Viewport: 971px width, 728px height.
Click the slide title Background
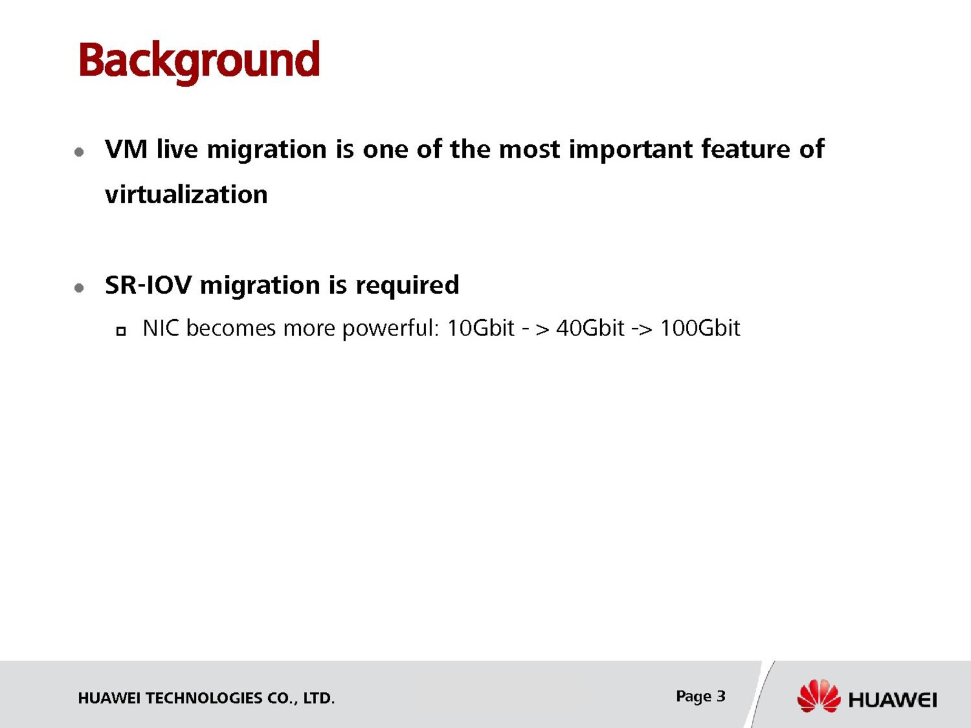point(199,62)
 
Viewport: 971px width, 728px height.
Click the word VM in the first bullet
point(126,149)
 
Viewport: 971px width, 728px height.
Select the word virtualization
point(186,195)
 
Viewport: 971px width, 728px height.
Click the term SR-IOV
point(148,285)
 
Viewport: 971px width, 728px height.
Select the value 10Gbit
point(481,328)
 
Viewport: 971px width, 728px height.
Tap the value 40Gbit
point(590,328)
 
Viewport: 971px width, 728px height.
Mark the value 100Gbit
point(700,328)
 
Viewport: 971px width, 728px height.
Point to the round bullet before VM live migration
point(79,152)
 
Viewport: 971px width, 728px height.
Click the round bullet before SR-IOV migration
point(79,288)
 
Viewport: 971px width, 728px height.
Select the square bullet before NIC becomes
point(121,331)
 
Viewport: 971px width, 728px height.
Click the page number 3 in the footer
point(721,696)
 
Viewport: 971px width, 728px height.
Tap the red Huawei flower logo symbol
point(819,696)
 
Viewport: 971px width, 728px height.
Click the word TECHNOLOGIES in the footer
point(204,698)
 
